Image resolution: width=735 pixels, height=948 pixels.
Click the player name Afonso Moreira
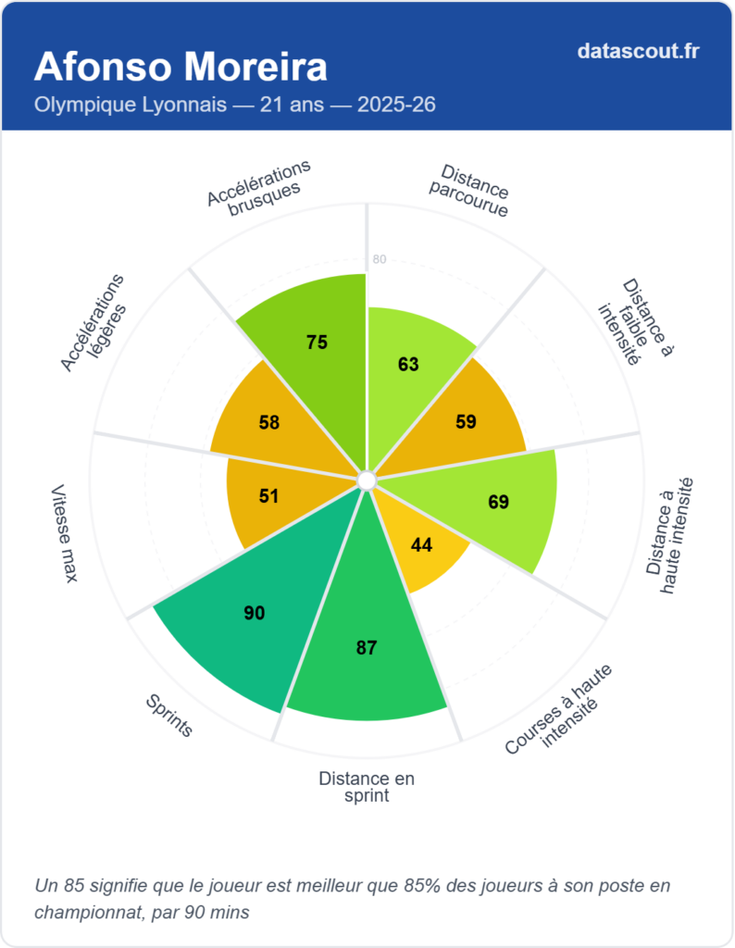(181, 68)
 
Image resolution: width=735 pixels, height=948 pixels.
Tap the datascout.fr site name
(638, 51)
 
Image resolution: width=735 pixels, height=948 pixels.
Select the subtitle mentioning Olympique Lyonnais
(235, 105)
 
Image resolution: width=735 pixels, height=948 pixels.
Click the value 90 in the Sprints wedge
(255, 613)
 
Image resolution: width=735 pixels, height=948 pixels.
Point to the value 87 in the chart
(367, 648)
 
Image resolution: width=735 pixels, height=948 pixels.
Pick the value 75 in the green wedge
(318, 343)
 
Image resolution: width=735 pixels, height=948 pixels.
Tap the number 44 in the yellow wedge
(422, 545)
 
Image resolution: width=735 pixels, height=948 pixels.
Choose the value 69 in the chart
(499, 503)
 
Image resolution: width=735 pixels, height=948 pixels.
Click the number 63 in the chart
(408, 365)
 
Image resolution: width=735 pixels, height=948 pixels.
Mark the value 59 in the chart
(466, 422)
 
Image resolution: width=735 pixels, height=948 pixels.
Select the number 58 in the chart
(269, 423)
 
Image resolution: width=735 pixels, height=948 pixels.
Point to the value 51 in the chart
(268, 496)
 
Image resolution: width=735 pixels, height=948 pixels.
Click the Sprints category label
(169, 716)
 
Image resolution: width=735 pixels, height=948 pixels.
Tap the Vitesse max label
(64, 533)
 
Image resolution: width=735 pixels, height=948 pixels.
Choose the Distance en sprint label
(367, 787)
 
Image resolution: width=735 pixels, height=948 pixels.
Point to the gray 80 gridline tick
(379, 259)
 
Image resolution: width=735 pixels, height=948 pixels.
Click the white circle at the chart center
(367, 480)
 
